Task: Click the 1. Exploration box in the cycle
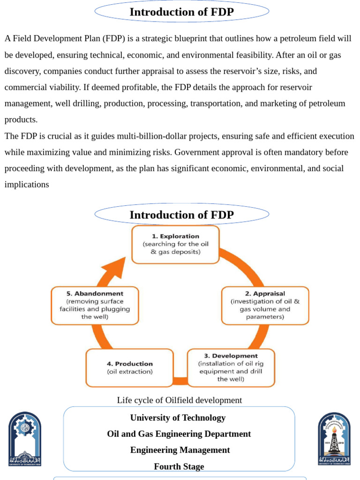point(175,244)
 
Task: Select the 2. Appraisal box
point(265,305)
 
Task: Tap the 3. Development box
point(231,367)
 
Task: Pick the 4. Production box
point(129,367)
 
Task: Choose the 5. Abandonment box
point(95,305)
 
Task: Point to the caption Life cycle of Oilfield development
point(180,400)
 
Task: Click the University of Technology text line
point(178,418)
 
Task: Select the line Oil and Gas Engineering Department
point(179,434)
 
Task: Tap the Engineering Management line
point(180,450)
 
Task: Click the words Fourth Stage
point(179,466)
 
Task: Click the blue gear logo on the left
point(25,439)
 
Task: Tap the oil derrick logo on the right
point(334,439)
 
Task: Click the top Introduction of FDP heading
point(181,12)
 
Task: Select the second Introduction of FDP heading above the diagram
point(181,215)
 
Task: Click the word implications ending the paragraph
point(27,184)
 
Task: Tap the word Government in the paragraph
point(197,152)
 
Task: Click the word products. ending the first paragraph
point(21,119)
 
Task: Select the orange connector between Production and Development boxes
point(180,380)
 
